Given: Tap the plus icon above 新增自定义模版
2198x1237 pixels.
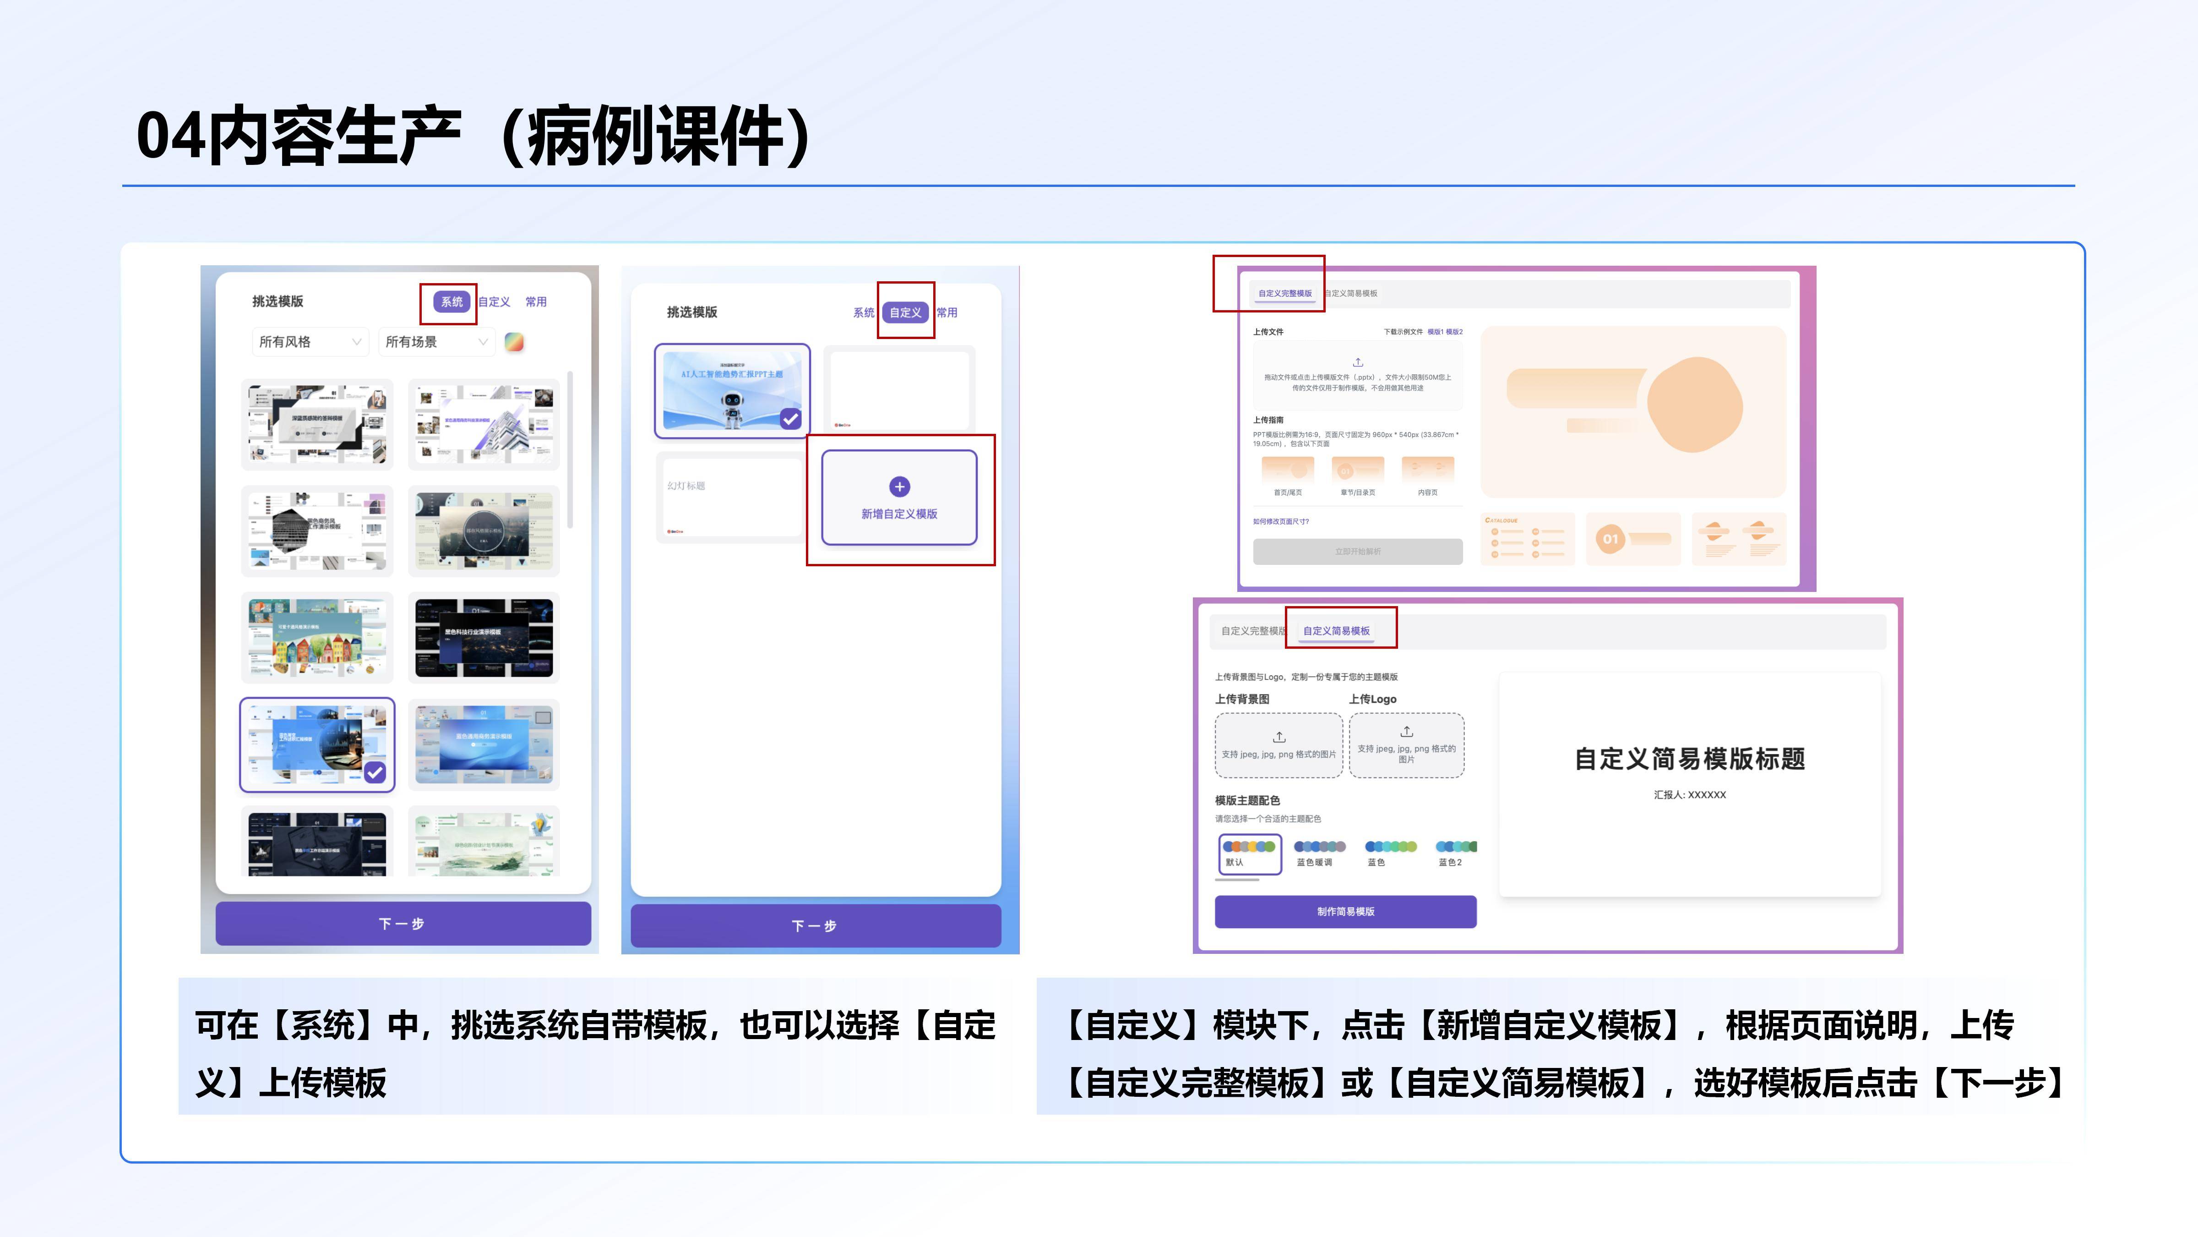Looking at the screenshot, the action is [899, 487].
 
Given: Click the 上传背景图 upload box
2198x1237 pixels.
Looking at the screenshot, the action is [1278, 744].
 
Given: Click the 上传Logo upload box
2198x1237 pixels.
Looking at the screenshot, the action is [1406, 744].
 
